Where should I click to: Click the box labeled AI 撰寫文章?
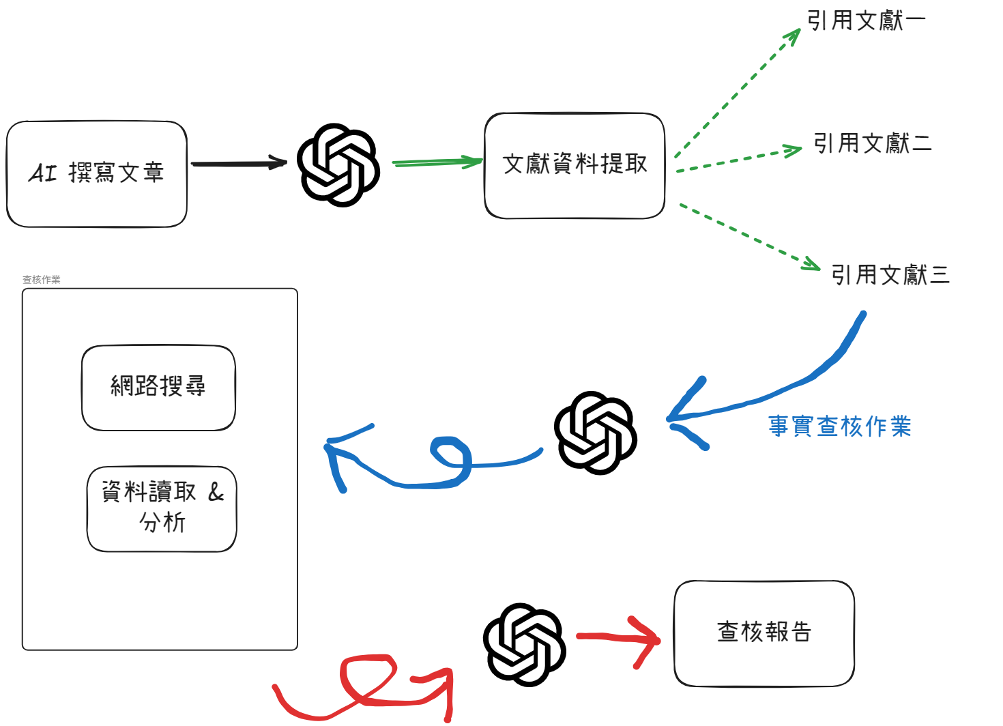click(96, 173)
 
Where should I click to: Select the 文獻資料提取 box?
click(575, 165)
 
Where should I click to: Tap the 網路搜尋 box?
click(158, 387)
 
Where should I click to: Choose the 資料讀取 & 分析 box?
click(162, 508)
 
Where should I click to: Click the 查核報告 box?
click(764, 633)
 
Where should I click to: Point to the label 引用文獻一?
click(866, 20)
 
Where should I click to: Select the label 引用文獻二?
click(872, 143)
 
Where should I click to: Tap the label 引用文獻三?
click(890, 275)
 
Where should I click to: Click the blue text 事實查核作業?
click(839, 426)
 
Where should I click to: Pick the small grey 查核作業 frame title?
click(42, 280)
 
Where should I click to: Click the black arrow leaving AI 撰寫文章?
click(239, 164)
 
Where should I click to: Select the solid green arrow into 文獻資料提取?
click(437, 162)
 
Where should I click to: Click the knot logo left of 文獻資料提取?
click(338, 164)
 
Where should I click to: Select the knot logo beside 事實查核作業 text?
click(595, 433)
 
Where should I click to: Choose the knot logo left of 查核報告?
click(524, 644)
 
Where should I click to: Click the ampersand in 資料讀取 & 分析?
click(216, 492)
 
